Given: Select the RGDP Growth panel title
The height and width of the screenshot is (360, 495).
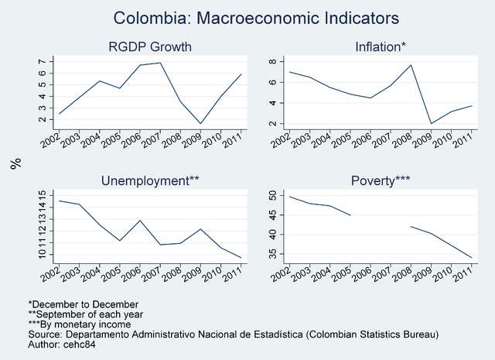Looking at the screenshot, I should coord(149,47).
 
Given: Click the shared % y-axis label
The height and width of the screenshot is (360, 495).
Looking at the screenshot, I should coord(15,163).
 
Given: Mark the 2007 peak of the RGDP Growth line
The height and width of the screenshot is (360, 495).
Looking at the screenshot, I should coord(160,63).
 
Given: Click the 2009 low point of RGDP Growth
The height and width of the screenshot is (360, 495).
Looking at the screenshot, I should coord(201,123).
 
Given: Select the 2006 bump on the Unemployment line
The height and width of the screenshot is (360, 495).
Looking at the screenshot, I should coord(139,221).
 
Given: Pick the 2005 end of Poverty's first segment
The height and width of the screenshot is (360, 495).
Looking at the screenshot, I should coord(350,215).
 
